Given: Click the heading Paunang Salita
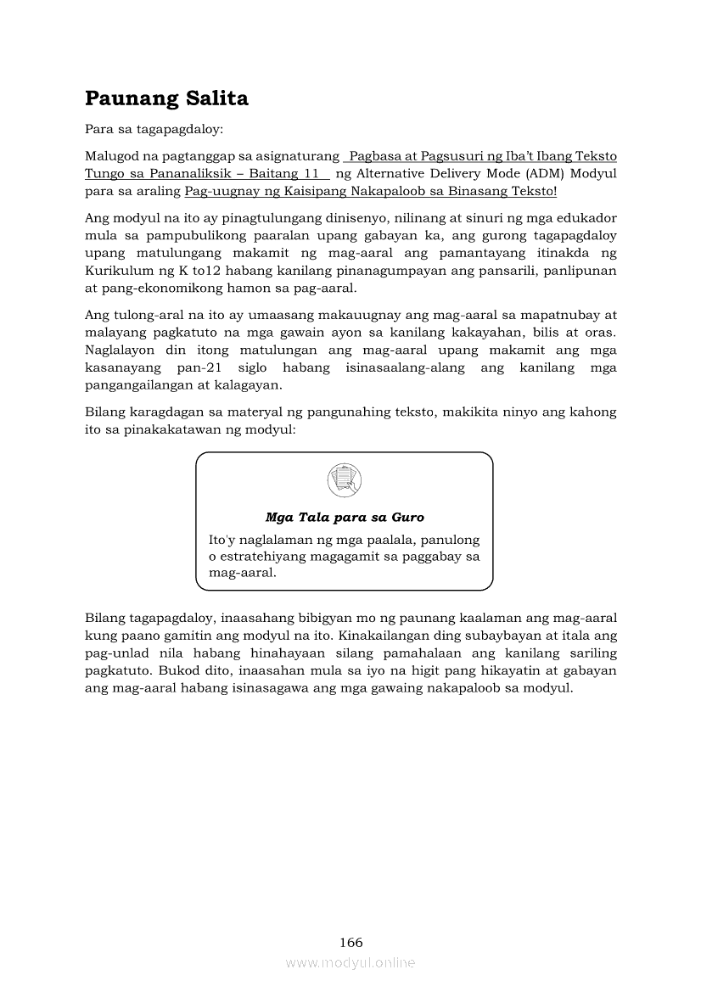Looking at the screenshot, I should [x=166, y=99].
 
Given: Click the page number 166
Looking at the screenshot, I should [x=350, y=942].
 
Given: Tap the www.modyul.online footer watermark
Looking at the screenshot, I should [x=350, y=962].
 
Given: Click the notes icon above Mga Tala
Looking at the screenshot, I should [x=344, y=481].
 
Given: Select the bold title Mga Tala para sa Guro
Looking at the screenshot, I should [x=345, y=517].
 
